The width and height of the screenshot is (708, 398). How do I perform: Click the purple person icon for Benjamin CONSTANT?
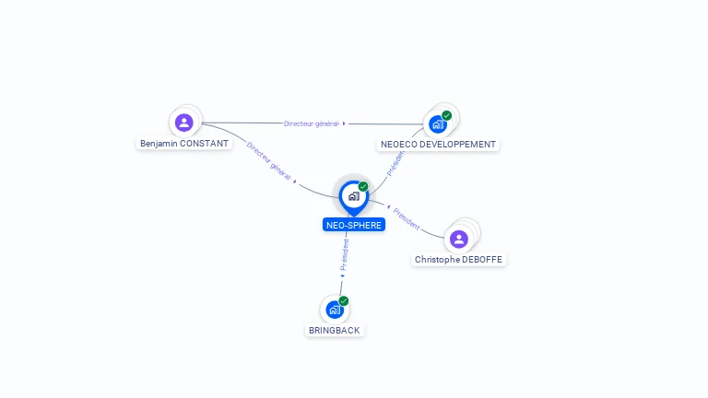[184, 122]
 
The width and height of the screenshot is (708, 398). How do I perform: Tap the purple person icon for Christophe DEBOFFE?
[459, 239]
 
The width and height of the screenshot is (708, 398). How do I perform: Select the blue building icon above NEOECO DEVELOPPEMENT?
[437, 123]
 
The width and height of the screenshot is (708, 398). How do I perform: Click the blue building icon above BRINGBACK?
[334, 310]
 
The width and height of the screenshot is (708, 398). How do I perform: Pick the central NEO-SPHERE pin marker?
[353, 196]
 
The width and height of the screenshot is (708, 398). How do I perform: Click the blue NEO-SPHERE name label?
[354, 225]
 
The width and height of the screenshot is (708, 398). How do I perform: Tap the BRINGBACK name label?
[336, 330]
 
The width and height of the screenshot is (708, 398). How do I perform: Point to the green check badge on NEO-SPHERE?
[363, 186]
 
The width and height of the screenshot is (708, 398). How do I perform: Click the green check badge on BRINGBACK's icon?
[344, 300]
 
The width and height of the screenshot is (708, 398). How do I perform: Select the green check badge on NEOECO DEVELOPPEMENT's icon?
[447, 115]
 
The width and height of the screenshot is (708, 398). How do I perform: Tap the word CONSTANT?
[204, 144]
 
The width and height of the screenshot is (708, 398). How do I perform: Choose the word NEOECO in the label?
[397, 145]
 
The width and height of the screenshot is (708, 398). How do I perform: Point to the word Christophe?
[436, 260]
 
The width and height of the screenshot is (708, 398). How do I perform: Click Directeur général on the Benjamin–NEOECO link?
[312, 123]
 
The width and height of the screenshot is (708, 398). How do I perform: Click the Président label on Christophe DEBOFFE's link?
[407, 218]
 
